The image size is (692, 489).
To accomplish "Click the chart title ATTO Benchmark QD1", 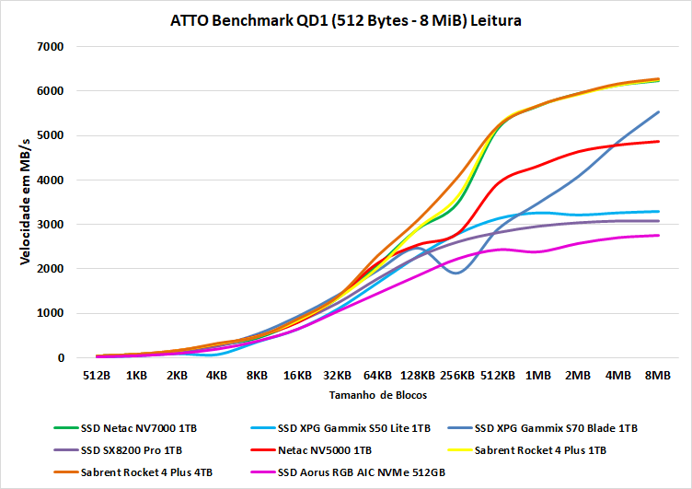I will (345, 20).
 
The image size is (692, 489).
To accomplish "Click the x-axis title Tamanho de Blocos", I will (376, 394).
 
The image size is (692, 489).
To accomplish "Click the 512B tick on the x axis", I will (97, 376).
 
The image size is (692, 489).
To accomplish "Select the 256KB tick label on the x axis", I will (457, 376).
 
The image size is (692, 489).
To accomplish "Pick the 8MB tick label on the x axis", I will (658, 376).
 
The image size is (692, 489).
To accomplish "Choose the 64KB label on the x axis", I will (377, 376).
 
